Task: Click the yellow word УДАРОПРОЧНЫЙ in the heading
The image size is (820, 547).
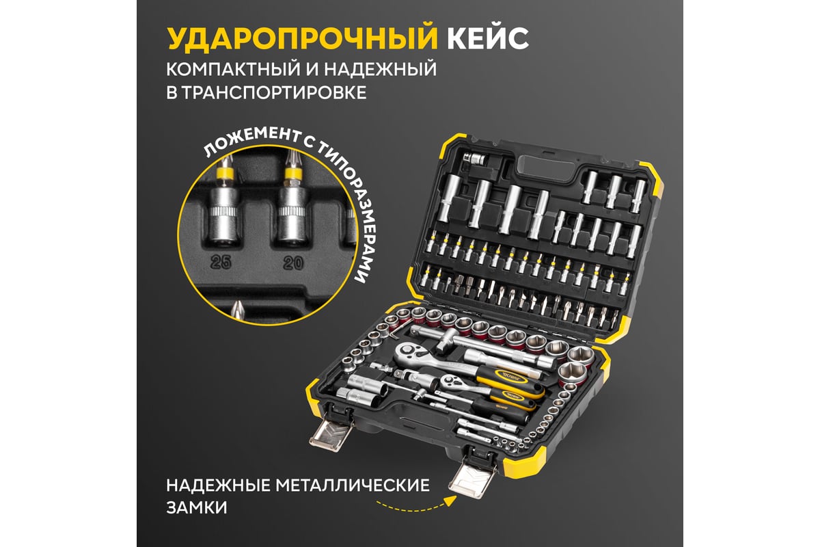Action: pyautogui.click(x=302, y=38)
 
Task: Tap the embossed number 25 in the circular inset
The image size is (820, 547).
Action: pyautogui.click(x=221, y=262)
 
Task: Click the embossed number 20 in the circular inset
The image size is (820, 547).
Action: pyautogui.click(x=293, y=263)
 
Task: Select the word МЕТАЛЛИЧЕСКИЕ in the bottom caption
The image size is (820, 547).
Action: pyautogui.click(x=353, y=485)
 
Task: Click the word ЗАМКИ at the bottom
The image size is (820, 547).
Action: pyautogui.click(x=197, y=508)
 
